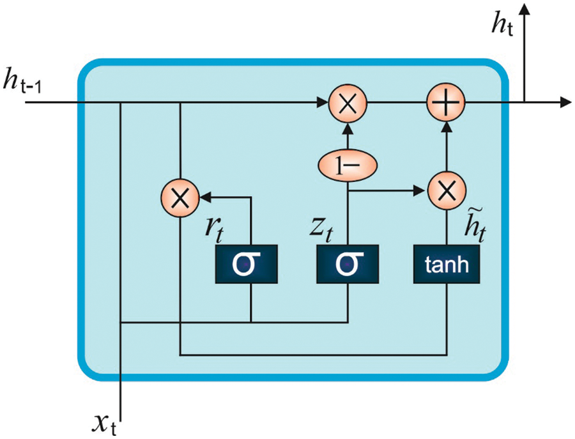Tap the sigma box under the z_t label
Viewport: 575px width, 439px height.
point(348,263)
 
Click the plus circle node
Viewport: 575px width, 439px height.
point(446,102)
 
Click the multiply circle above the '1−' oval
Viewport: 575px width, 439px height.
point(348,102)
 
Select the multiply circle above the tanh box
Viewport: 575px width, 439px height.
point(446,190)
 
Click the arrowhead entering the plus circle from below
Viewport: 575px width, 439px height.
point(446,126)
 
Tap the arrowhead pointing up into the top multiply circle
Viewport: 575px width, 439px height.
point(348,126)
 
